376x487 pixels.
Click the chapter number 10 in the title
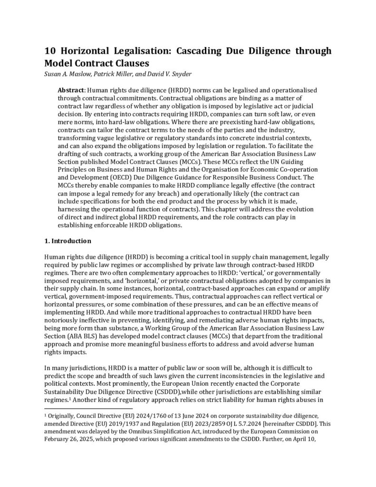click(x=51, y=51)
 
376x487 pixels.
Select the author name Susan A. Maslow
click(x=70, y=73)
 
